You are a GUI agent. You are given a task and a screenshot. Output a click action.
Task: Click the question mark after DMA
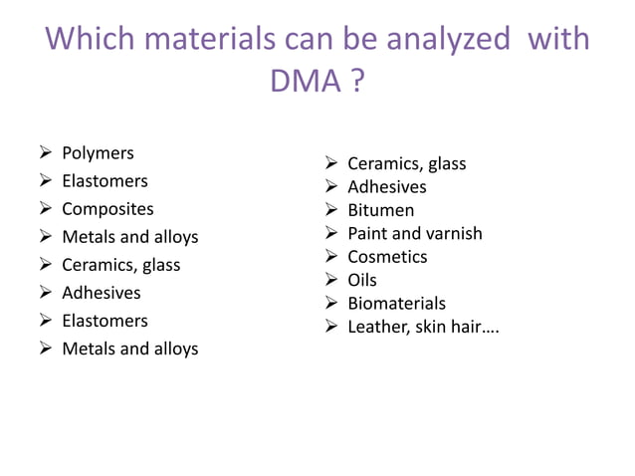[356, 82]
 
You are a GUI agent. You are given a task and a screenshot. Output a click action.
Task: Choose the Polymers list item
[98, 153]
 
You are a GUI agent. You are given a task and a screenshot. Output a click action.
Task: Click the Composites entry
[107, 209]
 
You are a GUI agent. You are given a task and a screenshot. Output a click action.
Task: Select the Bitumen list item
[380, 210]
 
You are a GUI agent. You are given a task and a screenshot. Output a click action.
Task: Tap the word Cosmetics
[387, 257]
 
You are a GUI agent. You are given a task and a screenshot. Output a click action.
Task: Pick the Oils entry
[362, 280]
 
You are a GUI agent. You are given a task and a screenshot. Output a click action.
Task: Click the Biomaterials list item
[396, 303]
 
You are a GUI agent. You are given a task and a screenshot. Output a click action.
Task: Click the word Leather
[375, 327]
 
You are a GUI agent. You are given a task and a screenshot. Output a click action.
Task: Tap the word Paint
[367, 233]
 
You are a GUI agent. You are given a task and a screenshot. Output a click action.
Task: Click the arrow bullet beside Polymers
[46, 153]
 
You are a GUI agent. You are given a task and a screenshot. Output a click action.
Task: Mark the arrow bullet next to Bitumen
[331, 210]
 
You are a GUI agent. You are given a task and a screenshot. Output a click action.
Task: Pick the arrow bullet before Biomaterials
[331, 303]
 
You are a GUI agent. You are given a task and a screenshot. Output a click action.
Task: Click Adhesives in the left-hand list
[102, 293]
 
